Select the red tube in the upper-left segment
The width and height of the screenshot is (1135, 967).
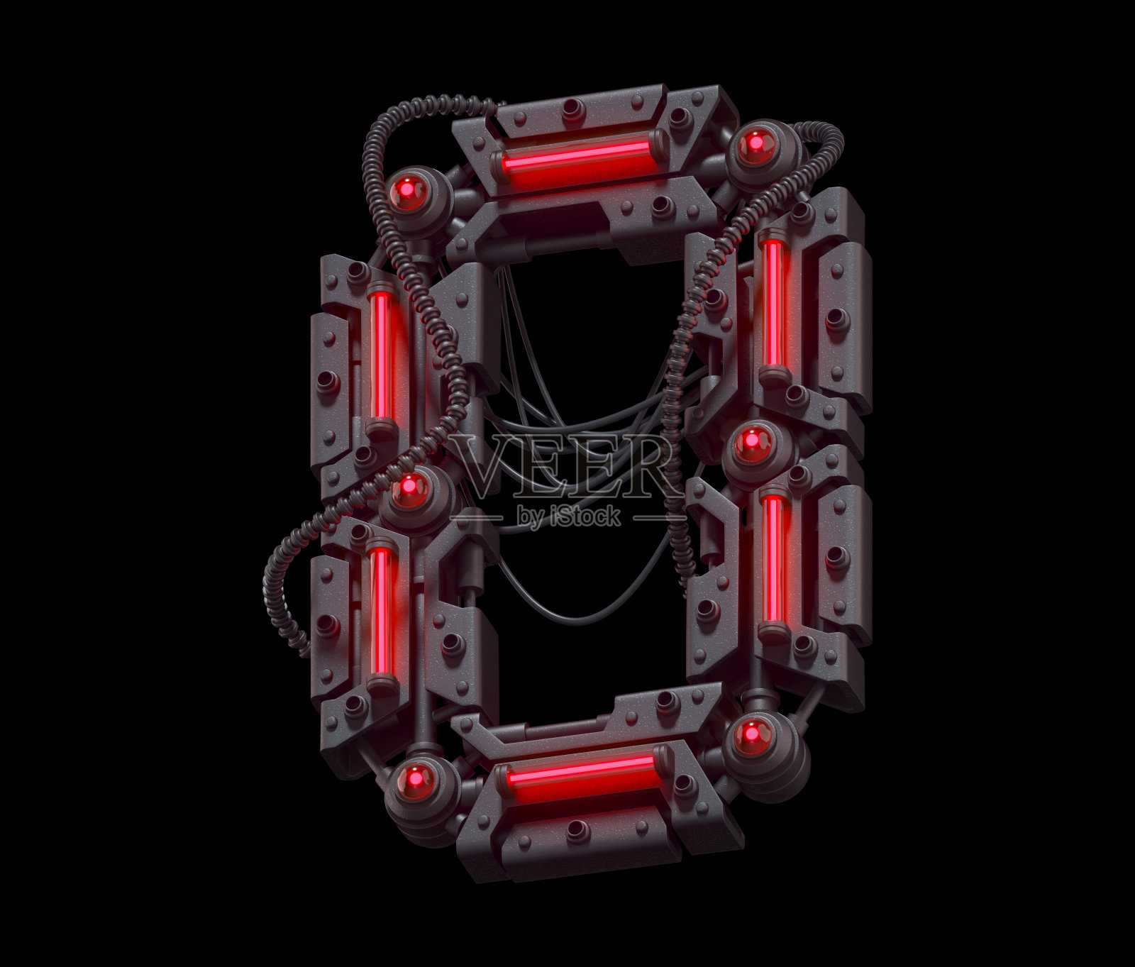click(382, 355)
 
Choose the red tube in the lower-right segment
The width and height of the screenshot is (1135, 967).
click(774, 560)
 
